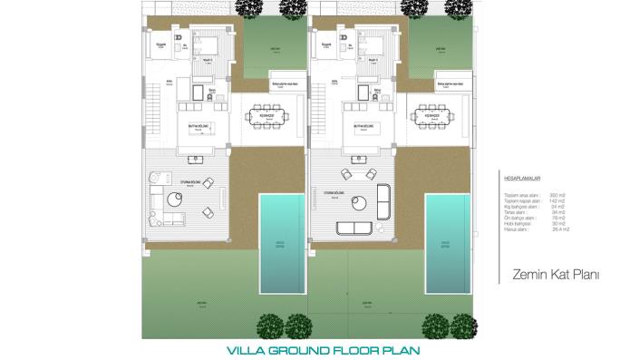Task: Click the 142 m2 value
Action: point(556,201)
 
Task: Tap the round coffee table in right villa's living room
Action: point(357,203)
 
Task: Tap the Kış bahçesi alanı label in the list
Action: point(519,207)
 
